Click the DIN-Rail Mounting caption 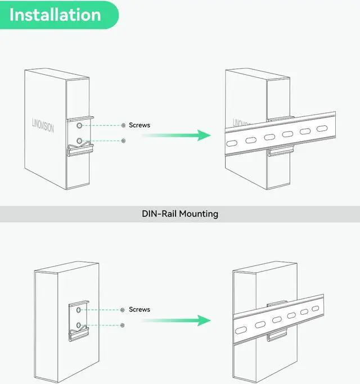pos(179,214)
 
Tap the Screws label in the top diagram pos(139,125)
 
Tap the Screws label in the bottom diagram pos(139,309)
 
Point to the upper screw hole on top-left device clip pos(80,125)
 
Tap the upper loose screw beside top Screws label pos(123,125)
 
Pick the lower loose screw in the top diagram pos(123,141)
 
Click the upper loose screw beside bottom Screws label pos(122,310)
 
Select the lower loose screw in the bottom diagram pos(122,325)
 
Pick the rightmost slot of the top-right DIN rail pos(321,129)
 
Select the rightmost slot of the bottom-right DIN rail pos(318,310)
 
